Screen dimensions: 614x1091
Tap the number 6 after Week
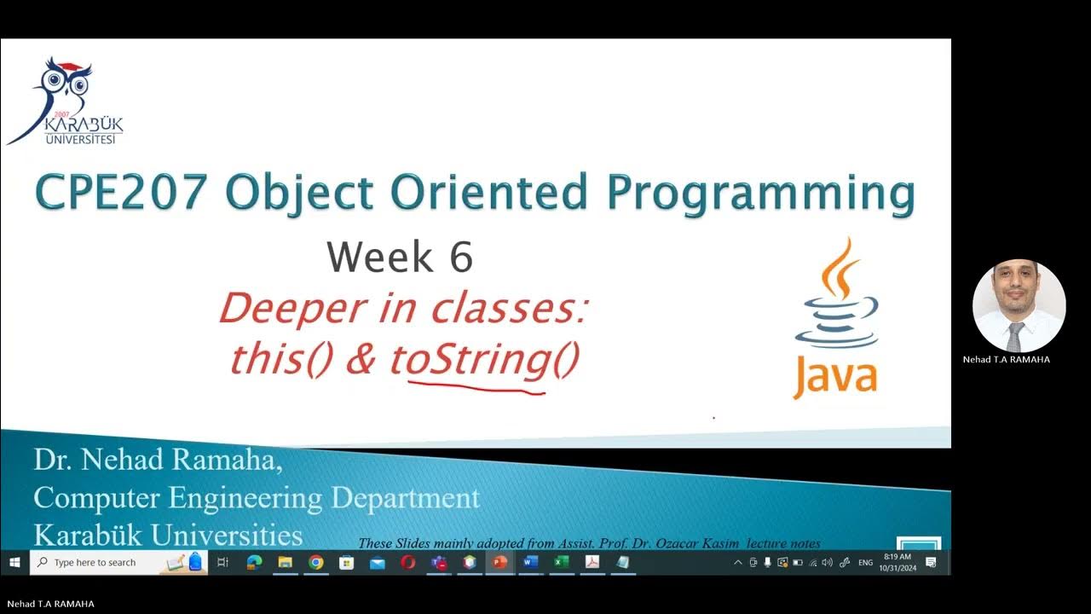[x=460, y=258]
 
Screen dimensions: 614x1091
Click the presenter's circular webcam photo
[x=1019, y=306]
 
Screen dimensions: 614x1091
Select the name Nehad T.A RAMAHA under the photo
[x=1007, y=360]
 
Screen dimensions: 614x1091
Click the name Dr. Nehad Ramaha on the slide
[x=158, y=461]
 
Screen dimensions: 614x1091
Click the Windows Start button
[x=14, y=562]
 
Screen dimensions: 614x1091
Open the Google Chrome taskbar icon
[x=316, y=562]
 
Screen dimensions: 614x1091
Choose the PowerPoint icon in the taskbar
[x=499, y=562]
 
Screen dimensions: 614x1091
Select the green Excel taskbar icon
[x=561, y=562]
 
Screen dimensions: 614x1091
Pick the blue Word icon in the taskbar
[x=529, y=562]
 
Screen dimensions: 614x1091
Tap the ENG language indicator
[x=865, y=563]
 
